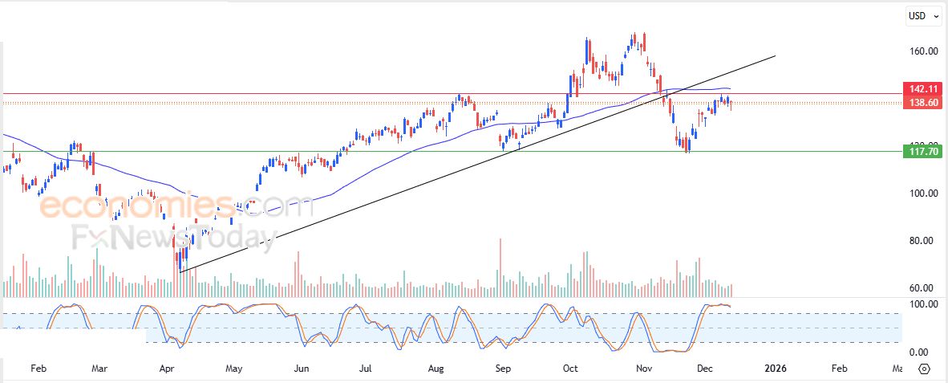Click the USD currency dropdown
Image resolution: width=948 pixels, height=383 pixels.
coord(920,15)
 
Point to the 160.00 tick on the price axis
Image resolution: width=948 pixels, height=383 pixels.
coord(922,51)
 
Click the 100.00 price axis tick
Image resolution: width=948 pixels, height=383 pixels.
coord(922,194)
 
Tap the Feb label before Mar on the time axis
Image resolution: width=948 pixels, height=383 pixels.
coord(38,369)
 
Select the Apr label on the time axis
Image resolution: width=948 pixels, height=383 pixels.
coord(168,369)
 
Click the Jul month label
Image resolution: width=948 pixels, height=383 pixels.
coord(365,369)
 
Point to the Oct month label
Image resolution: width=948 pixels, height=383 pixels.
coord(570,369)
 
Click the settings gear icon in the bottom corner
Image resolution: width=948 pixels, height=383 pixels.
coord(923,369)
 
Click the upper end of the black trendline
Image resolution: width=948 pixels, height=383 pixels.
coord(775,55)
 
